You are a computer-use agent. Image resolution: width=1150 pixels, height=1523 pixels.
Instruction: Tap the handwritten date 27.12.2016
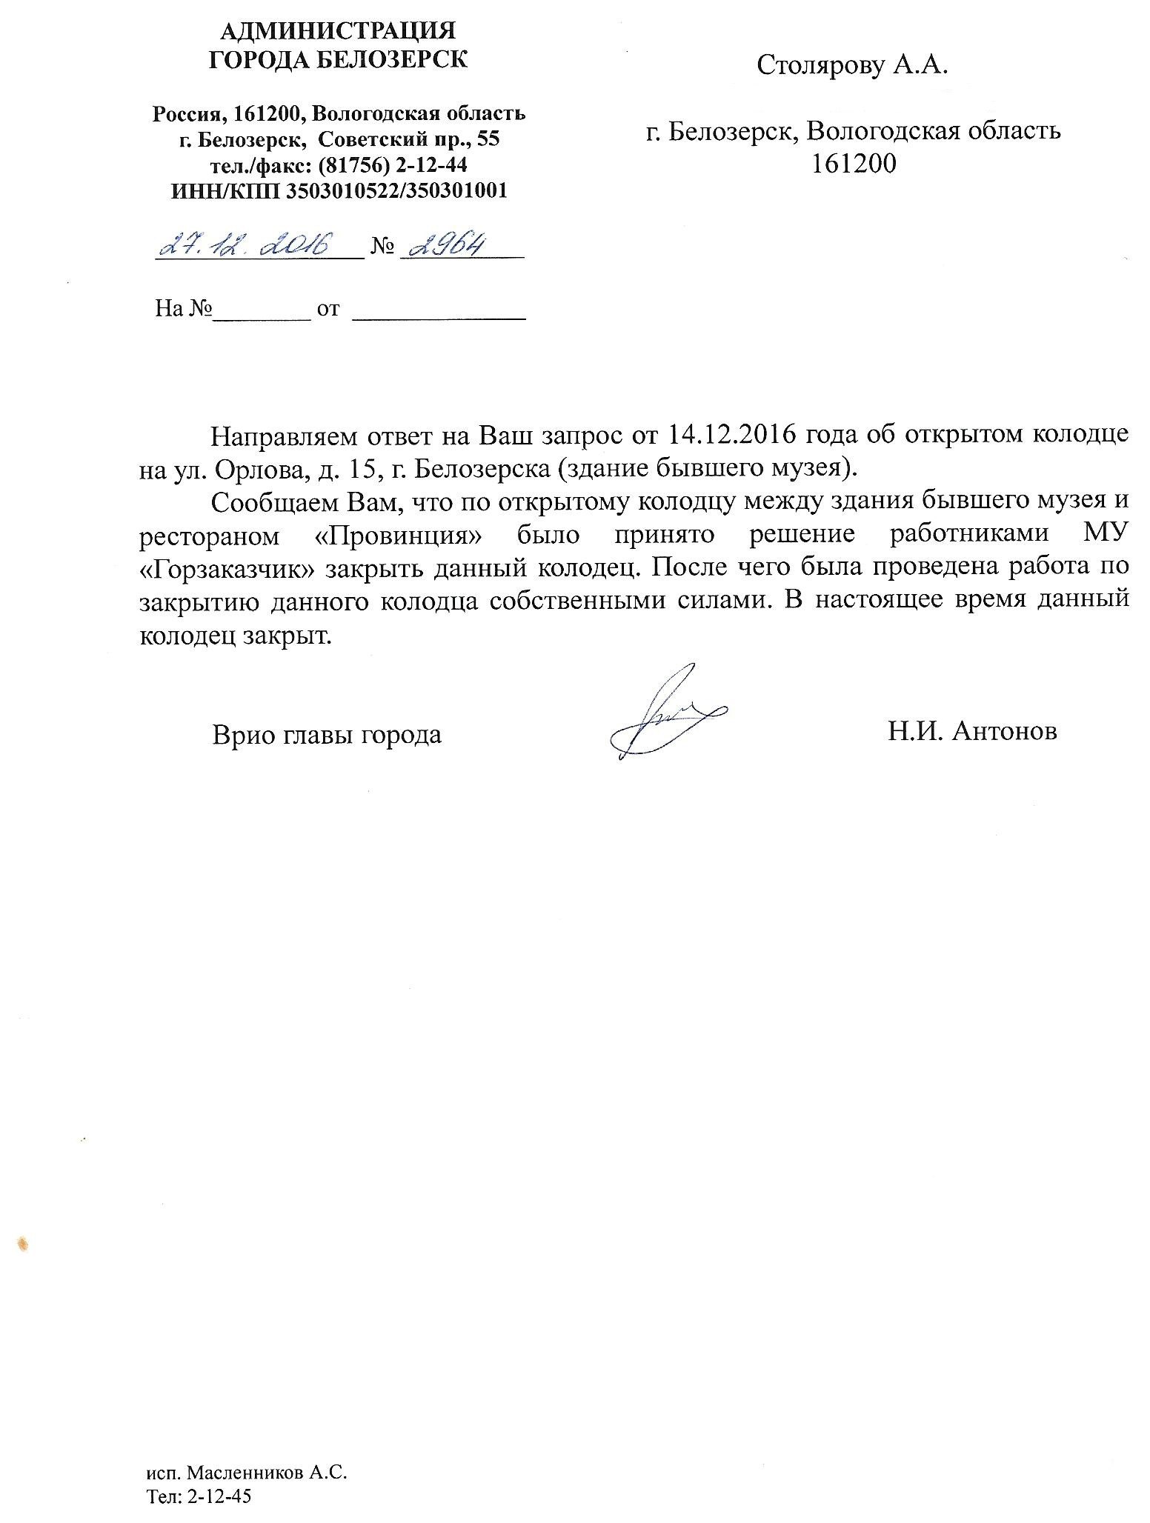point(245,244)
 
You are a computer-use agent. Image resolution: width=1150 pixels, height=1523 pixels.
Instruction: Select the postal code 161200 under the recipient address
point(853,163)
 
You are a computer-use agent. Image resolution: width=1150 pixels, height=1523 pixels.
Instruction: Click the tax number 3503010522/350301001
point(391,190)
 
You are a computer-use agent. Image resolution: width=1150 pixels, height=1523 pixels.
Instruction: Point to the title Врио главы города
point(327,735)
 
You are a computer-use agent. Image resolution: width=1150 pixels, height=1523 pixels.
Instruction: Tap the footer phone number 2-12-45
point(221,1496)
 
